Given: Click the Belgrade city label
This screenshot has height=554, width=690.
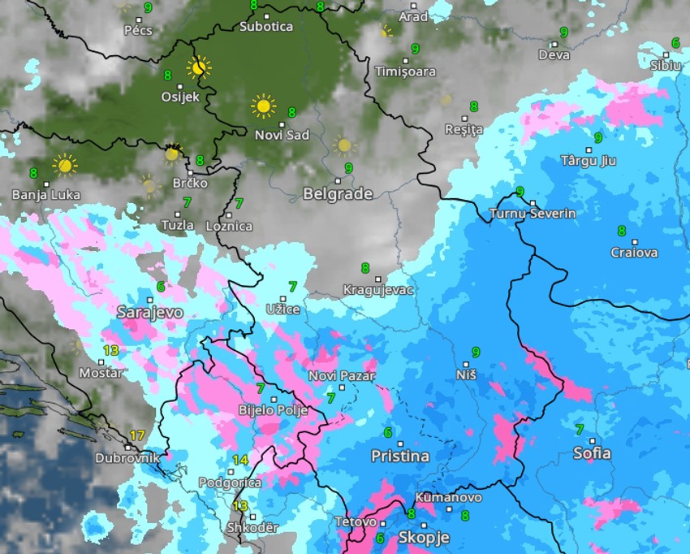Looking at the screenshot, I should coord(338,194).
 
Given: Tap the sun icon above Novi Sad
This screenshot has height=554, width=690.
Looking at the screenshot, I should coord(263,106).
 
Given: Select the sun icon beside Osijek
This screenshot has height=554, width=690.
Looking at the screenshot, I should coord(198,67).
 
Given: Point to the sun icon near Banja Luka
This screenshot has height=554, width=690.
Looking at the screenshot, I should coord(64,165).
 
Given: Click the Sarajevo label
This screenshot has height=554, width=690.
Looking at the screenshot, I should coord(150,312).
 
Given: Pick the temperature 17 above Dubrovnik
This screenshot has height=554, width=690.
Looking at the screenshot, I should coord(137,435).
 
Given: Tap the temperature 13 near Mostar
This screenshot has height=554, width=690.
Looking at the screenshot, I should coord(111,351).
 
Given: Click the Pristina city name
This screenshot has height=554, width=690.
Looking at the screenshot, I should coord(400,456).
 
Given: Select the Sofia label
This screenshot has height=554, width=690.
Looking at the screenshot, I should coord(592,452).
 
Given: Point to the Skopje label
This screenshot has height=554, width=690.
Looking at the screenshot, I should coord(424,538).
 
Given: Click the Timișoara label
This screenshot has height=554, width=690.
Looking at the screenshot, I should coord(405,71).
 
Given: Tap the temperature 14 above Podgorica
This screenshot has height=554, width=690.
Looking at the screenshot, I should coord(239,460).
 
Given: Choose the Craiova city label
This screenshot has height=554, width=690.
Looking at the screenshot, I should coord(634,253).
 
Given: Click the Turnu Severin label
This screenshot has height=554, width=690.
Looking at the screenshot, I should coord(533,214).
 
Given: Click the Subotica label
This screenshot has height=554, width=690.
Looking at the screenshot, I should coord(266,26).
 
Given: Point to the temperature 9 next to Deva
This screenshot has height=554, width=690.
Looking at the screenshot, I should coord(563,33).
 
